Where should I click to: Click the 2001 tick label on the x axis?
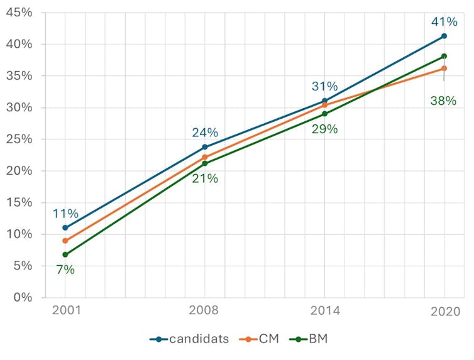point(65,310)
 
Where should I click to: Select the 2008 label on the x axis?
point(204,310)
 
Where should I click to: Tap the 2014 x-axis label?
point(324,310)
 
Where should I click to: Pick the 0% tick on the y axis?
point(25,297)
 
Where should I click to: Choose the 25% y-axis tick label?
point(21,139)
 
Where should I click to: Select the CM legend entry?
point(260,339)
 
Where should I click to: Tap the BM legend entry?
point(312,339)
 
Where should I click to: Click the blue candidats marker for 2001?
point(65,227)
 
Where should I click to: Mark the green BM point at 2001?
point(65,254)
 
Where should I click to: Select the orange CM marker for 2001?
point(65,241)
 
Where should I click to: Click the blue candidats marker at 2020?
point(444,36)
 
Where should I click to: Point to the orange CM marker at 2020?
point(444,68)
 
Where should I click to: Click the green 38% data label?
point(443,100)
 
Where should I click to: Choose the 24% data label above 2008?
point(205,133)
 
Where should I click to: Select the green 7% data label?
point(65,270)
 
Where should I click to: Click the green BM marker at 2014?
point(324,114)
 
